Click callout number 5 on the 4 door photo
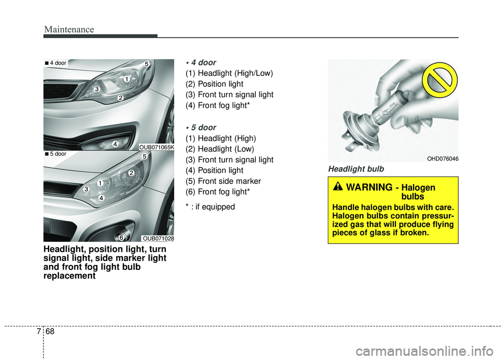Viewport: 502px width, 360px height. [147, 64]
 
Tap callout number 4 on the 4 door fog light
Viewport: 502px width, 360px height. [115, 143]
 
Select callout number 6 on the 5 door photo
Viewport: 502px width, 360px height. [121, 238]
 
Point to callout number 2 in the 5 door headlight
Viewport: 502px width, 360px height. [132, 172]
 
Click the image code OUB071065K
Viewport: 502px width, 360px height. [156, 148]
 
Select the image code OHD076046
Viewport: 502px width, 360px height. [442, 158]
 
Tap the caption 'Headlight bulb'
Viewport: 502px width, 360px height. [356, 169]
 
